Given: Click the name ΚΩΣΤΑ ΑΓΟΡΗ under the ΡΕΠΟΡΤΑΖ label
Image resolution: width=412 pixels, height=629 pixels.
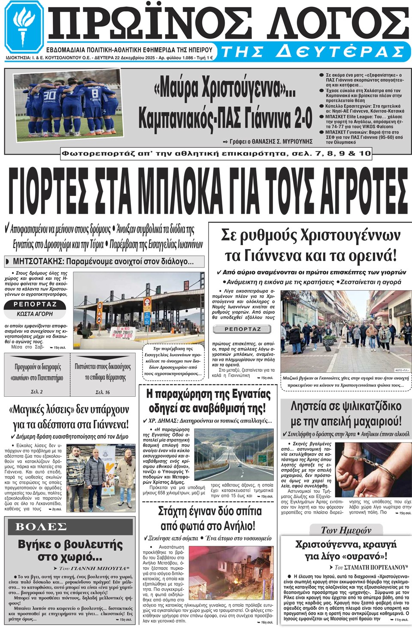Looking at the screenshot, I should coord(35,314).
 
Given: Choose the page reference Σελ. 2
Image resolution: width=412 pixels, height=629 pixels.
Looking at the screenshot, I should coord(37,392).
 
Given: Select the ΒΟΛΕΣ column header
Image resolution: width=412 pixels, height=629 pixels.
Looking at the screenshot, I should coord(41,527).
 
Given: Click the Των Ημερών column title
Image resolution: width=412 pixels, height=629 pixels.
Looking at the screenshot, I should coord(346,530).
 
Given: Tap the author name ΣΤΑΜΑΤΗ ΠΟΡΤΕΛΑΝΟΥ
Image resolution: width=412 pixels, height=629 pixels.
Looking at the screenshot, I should coord(376,567).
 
